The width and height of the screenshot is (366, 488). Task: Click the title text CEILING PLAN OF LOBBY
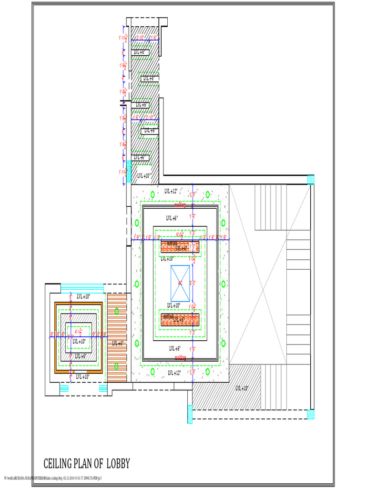(x=86, y=463)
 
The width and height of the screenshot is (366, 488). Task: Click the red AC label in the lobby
(x=180, y=283)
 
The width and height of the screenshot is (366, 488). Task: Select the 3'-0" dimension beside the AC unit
(x=193, y=283)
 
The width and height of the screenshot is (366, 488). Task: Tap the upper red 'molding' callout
(x=180, y=205)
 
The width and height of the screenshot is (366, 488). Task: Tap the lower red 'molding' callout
(x=180, y=357)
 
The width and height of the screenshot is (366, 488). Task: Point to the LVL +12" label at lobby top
(x=171, y=191)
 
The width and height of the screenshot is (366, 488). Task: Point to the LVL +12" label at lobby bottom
(x=174, y=373)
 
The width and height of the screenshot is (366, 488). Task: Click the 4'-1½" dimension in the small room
(x=79, y=331)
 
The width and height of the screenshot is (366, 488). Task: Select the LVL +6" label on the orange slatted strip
(x=117, y=343)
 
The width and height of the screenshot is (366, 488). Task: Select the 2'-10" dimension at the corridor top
(x=141, y=38)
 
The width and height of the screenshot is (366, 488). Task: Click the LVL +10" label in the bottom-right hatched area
(x=242, y=388)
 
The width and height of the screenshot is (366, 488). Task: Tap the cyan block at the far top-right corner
(x=311, y=180)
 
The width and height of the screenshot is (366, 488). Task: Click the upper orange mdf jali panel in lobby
(x=180, y=246)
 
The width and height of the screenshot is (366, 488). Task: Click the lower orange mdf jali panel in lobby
(x=179, y=318)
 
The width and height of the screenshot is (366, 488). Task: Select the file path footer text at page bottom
(x=52, y=478)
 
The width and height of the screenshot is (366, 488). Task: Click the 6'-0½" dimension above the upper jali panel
(x=180, y=234)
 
